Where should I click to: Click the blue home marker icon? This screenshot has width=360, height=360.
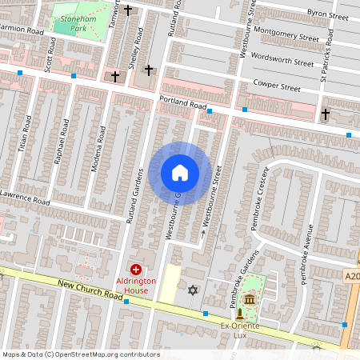click(x=180, y=173)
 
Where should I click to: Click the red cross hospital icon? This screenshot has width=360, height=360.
click(x=136, y=270)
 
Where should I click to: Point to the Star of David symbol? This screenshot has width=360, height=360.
click(x=192, y=289)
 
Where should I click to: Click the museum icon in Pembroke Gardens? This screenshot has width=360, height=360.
click(x=249, y=300)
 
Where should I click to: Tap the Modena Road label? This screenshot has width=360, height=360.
click(x=102, y=147)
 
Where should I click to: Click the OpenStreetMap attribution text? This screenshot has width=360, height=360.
click(x=80, y=354)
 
